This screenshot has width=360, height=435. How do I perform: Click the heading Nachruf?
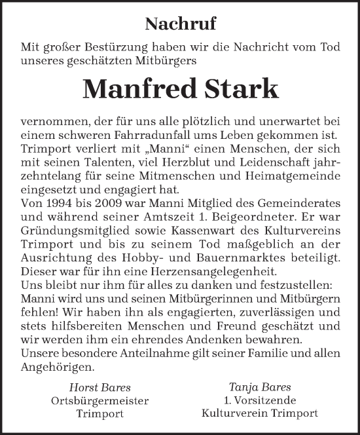180,25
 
